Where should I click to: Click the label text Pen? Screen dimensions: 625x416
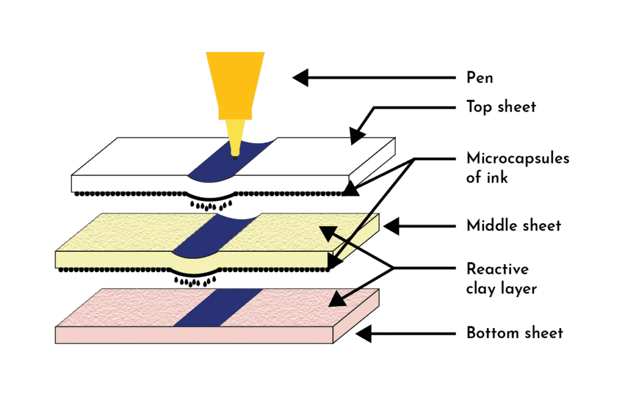click(x=480, y=77)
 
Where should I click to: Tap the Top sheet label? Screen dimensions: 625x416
click(x=501, y=107)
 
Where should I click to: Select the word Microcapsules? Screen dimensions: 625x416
click(x=518, y=158)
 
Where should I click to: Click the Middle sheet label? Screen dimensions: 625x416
click(x=514, y=226)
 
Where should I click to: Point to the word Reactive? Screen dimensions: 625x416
click(x=497, y=269)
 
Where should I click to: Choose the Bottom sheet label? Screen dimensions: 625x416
click(x=515, y=332)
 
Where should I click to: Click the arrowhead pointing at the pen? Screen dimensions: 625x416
click(x=300, y=77)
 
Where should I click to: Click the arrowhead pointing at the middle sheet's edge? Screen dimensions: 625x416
click(x=391, y=226)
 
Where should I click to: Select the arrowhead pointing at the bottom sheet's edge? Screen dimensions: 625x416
click(x=364, y=334)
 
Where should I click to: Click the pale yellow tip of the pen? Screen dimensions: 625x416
click(x=235, y=137)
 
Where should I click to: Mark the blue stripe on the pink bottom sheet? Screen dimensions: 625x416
click(x=218, y=307)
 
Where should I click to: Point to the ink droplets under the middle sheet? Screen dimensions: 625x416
click(x=195, y=282)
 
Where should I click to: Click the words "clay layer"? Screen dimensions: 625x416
click(x=502, y=289)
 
